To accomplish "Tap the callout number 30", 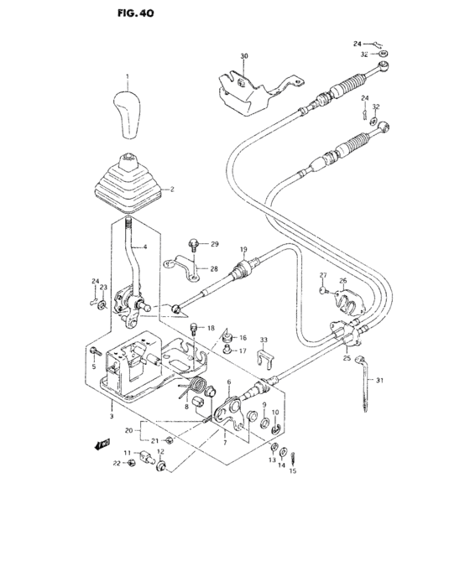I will [244, 56].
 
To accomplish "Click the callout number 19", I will [243, 249].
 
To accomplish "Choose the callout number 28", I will [214, 269].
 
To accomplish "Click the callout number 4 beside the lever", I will [144, 247].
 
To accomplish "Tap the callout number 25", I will [347, 358].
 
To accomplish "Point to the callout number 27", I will [322, 276].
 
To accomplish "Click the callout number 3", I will [111, 415].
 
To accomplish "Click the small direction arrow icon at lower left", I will [104, 444].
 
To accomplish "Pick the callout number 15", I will [293, 470].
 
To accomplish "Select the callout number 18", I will [211, 328].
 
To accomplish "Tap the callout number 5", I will [94, 366].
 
